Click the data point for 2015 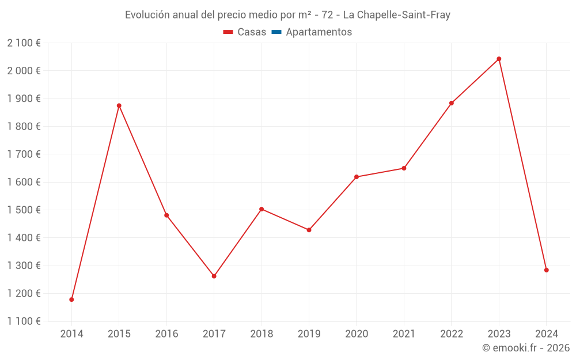coord(119,106)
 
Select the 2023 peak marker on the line coord(499,59)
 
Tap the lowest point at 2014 coord(71,300)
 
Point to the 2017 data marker coord(214,276)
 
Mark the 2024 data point coord(546,270)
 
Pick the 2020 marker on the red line coord(357,177)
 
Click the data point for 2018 coord(262,209)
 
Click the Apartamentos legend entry coord(319,32)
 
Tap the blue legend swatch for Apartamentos coord(276,32)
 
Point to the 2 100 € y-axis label coord(24,43)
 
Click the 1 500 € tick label coord(24,210)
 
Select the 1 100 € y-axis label coord(24,321)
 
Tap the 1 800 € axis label coord(24,127)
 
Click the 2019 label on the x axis coord(309,334)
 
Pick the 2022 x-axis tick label coord(451,334)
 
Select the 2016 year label coord(166,334)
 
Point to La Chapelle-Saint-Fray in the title coord(396,15)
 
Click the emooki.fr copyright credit coord(526,348)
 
